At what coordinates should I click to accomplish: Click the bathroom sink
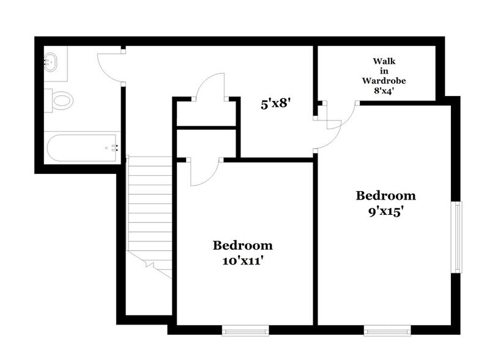[x=51, y=61]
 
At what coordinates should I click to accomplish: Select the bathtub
[x=81, y=147]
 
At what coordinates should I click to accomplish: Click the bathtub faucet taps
[x=113, y=148]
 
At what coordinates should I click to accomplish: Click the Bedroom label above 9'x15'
[x=386, y=196]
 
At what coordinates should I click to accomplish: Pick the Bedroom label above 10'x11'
[x=242, y=246]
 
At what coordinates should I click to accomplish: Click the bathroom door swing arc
[x=110, y=67]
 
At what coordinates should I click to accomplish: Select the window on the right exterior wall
[x=456, y=236]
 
